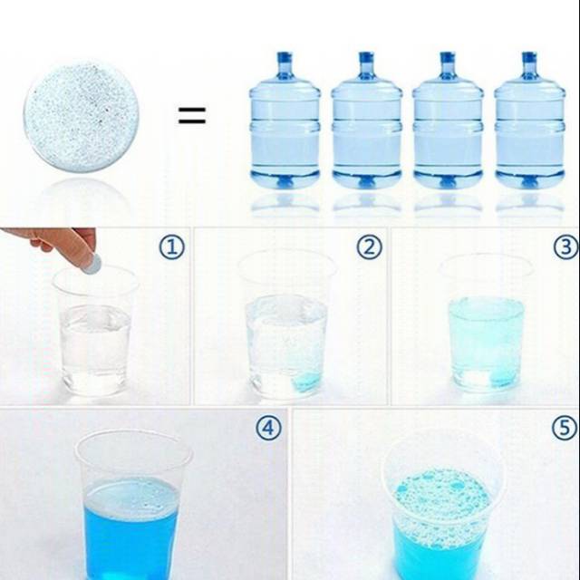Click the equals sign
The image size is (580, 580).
(x=192, y=115)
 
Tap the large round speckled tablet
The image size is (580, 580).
(x=82, y=116)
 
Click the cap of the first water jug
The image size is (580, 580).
(x=285, y=58)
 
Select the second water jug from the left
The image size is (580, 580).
(x=366, y=121)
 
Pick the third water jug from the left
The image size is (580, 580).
(x=448, y=121)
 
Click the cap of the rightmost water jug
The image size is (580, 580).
(x=529, y=58)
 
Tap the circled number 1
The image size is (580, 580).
(x=172, y=247)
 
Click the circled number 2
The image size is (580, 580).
(x=369, y=247)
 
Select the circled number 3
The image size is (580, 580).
(x=565, y=247)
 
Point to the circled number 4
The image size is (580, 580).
(x=269, y=428)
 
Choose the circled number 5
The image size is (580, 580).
(x=565, y=428)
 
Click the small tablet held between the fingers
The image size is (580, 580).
(x=92, y=264)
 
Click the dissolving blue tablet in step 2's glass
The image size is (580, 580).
(x=305, y=382)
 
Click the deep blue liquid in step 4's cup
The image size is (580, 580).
(x=131, y=533)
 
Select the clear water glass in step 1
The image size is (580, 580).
(x=95, y=331)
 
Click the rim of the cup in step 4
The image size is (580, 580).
(x=134, y=431)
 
